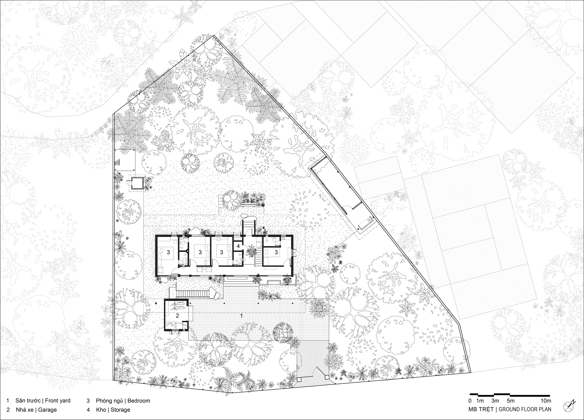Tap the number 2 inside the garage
[177, 315]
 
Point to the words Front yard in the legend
[58, 401]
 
